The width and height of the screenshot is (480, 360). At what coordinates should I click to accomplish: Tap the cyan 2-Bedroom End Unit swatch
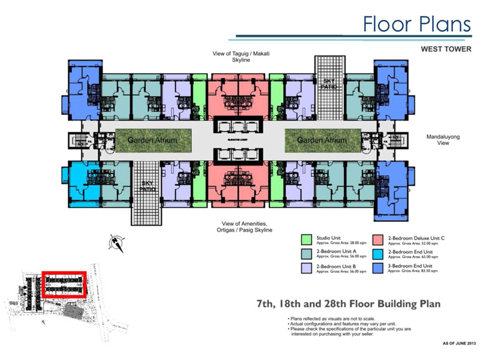coord(380,254)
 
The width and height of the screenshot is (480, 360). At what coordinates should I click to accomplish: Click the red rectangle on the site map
coord(65,286)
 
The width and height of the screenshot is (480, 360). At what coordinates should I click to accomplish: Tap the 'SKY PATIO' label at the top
coord(330,83)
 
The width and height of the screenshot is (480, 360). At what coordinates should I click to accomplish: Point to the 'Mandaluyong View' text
coord(443,140)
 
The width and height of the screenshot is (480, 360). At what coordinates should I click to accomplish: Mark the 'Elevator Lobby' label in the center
coord(241,139)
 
